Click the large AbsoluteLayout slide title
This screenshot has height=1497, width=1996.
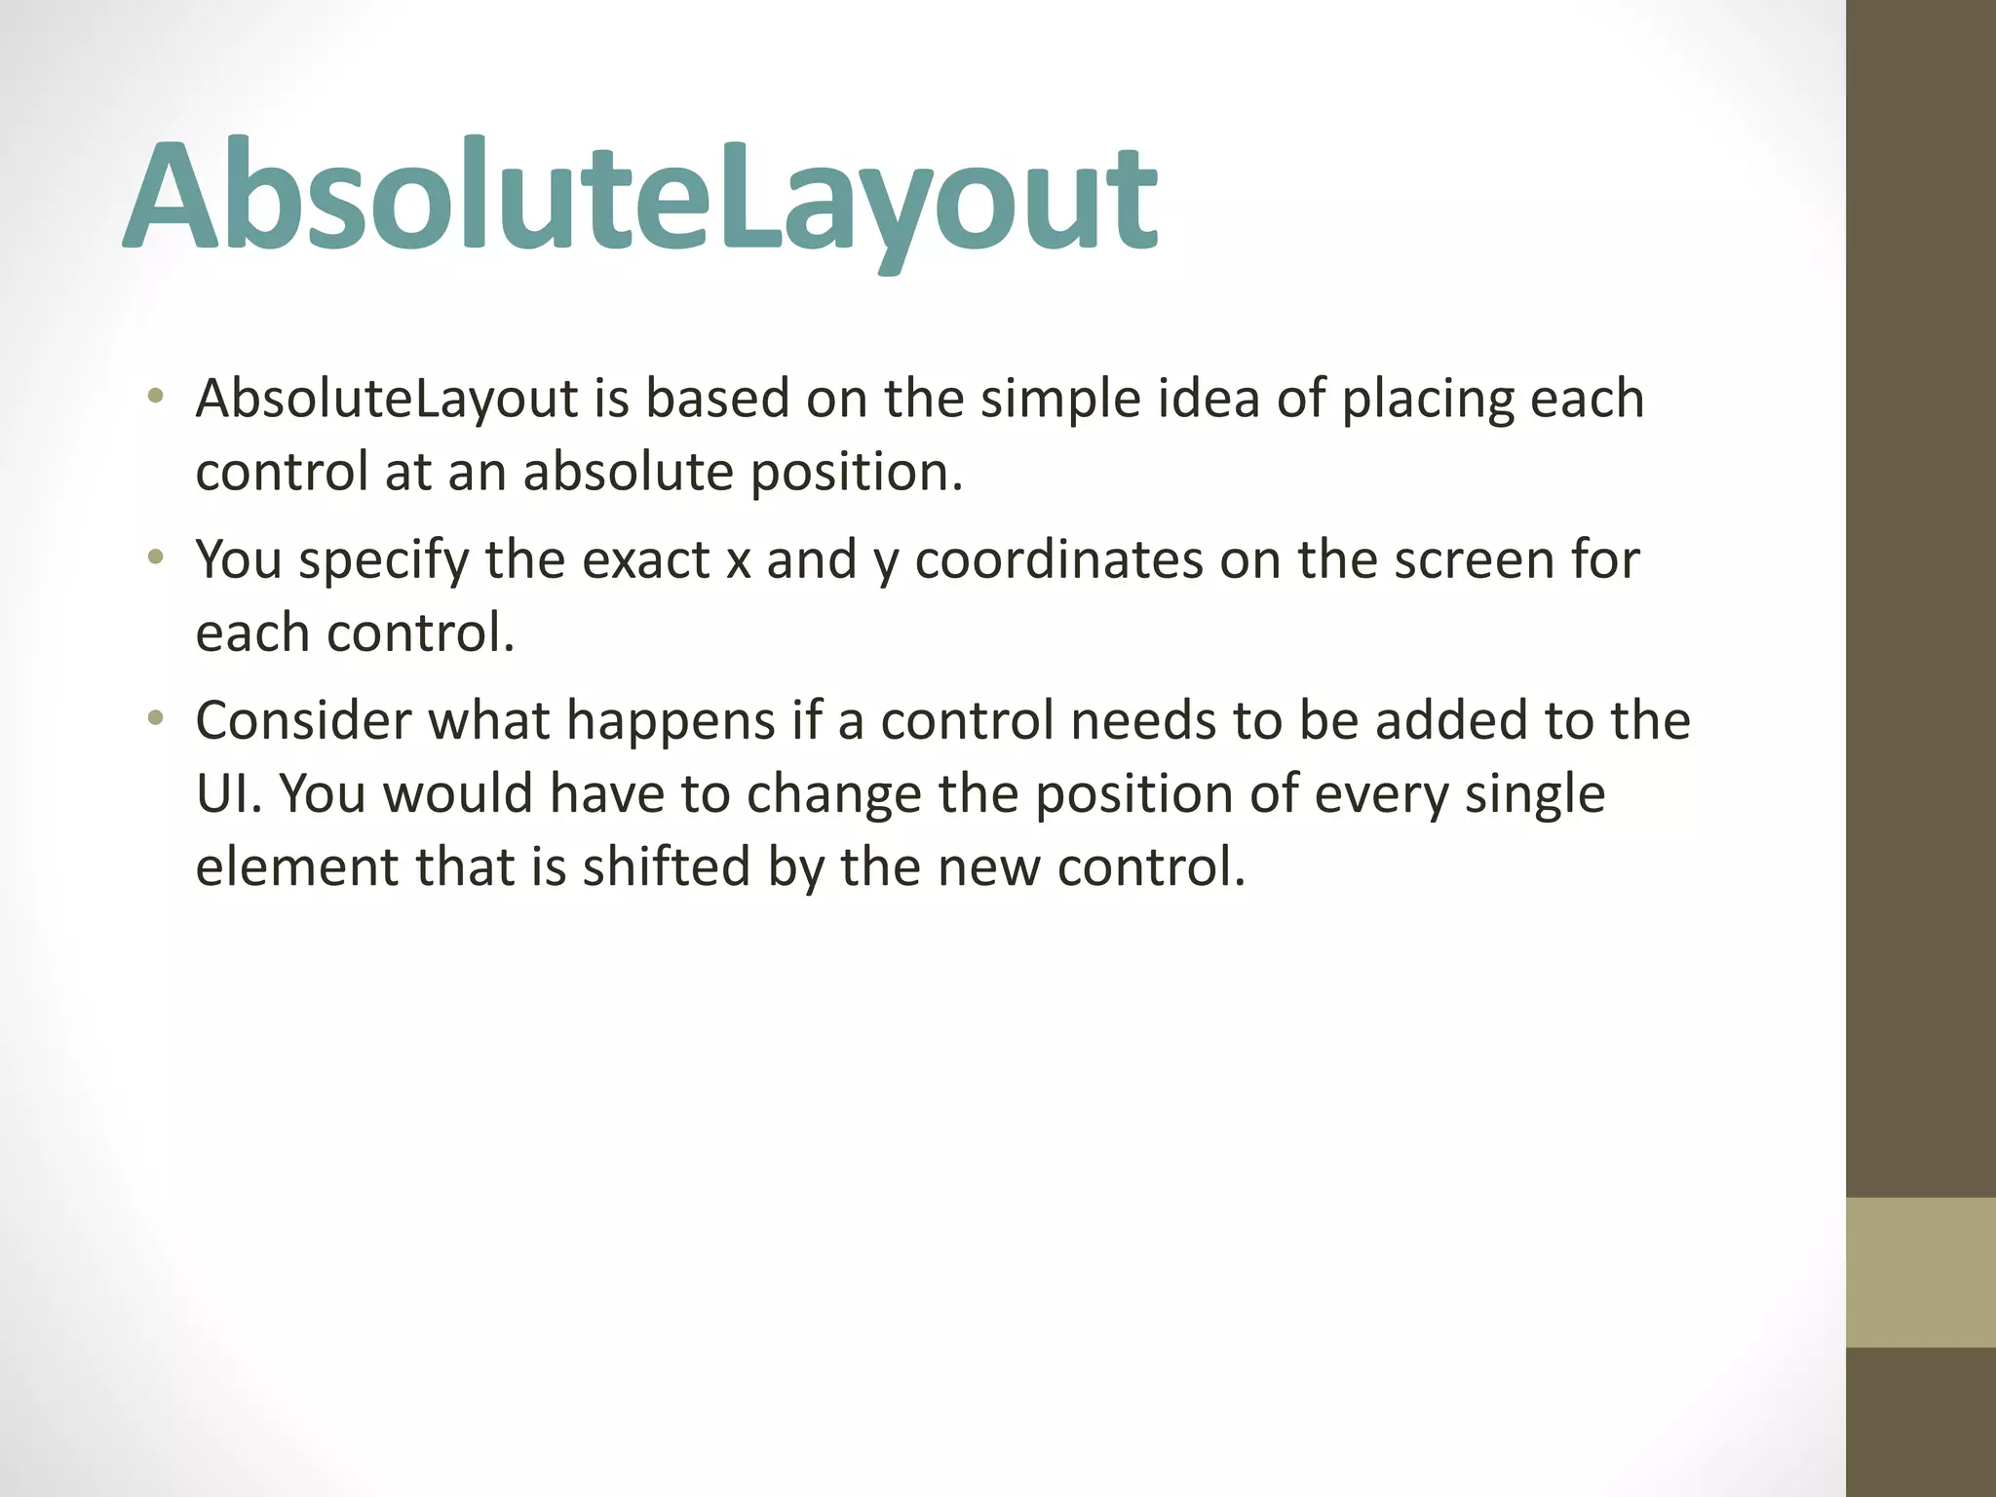point(640,200)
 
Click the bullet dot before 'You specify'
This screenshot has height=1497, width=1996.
point(155,557)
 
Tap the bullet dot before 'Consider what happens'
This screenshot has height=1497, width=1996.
point(155,718)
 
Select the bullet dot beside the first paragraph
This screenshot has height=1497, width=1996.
point(155,397)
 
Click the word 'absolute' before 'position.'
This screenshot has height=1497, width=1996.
point(629,472)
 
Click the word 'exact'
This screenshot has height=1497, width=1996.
point(645,560)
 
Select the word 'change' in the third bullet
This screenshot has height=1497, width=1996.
point(833,795)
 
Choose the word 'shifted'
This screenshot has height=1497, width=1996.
point(667,867)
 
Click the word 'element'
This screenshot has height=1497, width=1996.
point(296,867)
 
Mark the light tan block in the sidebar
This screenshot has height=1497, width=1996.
point(1920,1272)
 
